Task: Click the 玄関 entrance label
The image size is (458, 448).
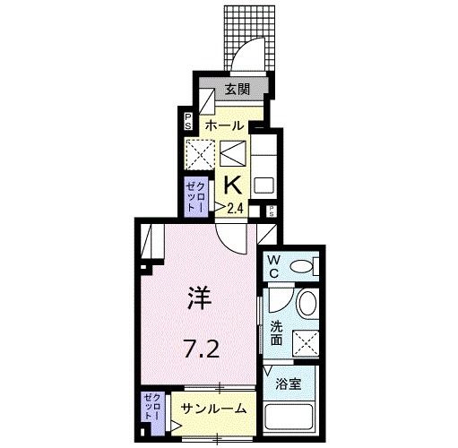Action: (x=236, y=90)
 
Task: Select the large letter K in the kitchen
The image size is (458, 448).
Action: (x=230, y=185)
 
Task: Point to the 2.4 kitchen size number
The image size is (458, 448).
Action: (x=235, y=209)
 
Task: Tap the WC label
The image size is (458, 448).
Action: (x=273, y=265)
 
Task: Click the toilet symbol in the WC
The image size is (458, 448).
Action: (x=304, y=265)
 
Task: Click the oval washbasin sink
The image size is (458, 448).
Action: (x=307, y=304)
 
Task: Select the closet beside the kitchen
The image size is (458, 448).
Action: (x=195, y=197)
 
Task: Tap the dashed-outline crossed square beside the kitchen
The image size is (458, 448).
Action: (x=196, y=153)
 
